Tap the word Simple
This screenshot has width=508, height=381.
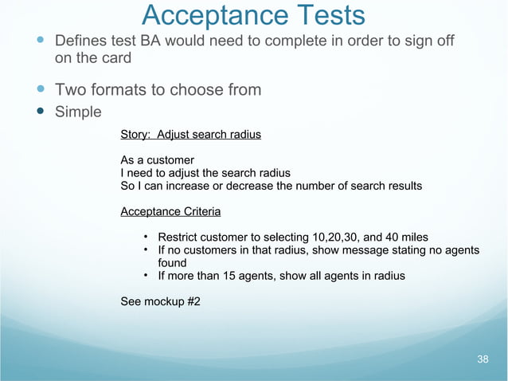[77, 112]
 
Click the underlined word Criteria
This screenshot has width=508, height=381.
[200, 212]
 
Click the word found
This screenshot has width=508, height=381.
[172, 263]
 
